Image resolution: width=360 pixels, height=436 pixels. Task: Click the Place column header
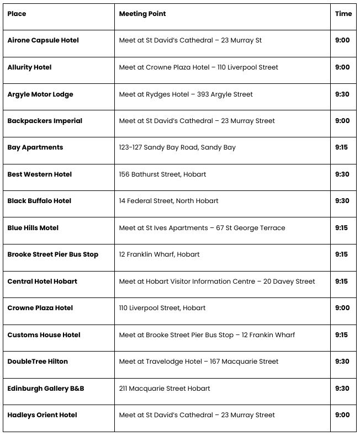coord(17,14)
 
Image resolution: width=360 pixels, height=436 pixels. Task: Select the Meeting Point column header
coord(142,14)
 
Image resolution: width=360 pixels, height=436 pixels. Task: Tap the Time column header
coord(343,14)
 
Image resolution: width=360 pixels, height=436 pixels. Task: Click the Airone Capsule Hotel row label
coord(43,40)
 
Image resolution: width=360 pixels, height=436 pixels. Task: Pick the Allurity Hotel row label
coord(29,67)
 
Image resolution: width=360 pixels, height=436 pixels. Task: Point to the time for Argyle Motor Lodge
coord(342,94)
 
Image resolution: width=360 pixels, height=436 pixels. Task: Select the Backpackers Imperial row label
coord(45,121)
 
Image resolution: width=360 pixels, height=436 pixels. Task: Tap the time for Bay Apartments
coord(342,147)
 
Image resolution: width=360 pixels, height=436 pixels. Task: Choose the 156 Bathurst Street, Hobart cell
coord(162,174)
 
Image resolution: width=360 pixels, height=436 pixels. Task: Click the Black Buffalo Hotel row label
coord(39,201)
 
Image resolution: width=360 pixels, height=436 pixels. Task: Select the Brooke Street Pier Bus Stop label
coord(53,254)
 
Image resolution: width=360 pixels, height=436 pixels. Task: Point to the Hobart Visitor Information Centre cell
coord(217,281)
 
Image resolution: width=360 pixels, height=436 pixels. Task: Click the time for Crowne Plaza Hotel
coord(342,308)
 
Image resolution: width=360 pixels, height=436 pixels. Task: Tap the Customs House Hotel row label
coord(44,335)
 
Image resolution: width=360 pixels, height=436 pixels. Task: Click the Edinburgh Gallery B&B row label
coord(46,389)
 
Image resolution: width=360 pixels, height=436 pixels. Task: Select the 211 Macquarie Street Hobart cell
coord(165,389)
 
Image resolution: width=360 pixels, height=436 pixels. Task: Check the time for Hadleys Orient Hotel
coord(342,415)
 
